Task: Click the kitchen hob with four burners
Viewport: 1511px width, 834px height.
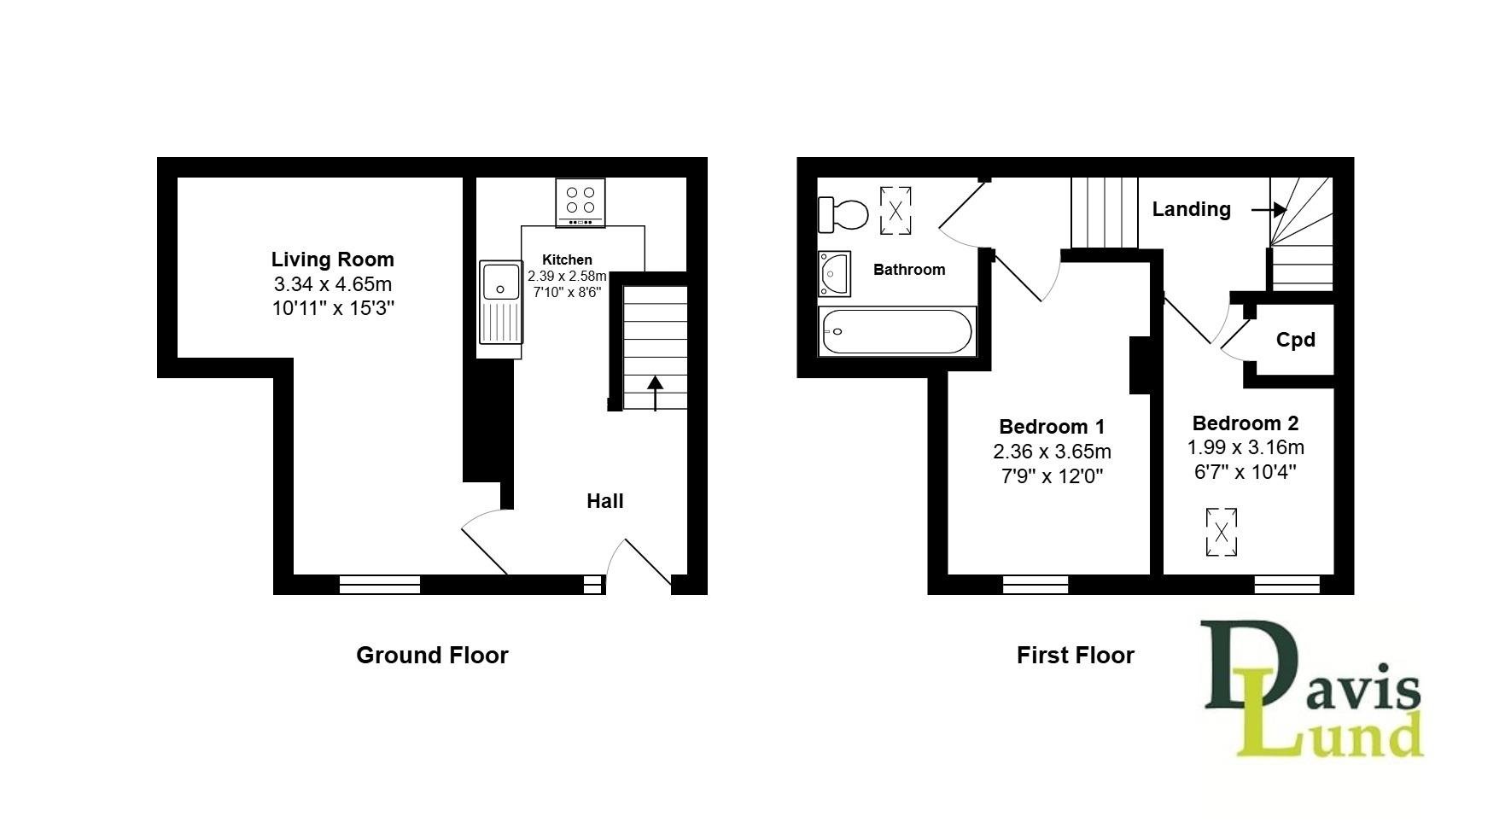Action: coord(580,202)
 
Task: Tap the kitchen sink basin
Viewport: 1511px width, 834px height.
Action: coord(500,282)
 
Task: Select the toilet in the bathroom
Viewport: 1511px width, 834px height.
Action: coord(843,214)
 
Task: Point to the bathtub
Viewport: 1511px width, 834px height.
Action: coord(896,331)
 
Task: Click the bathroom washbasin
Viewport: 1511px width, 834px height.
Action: coord(834,273)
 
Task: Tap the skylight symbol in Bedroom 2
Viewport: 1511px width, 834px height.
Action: coord(1222,532)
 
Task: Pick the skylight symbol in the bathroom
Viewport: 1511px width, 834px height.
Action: coord(896,210)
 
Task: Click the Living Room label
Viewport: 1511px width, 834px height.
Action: coord(333,260)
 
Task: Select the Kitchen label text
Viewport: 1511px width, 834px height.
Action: coord(567,260)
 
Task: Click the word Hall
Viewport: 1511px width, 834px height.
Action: coord(604,501)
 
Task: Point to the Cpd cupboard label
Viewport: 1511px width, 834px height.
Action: coord(1295,340)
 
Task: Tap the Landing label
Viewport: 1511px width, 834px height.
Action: coord(1191,209)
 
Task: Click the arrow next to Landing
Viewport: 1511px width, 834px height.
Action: coord(1269,209)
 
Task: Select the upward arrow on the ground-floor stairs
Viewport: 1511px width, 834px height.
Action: coord(655,394)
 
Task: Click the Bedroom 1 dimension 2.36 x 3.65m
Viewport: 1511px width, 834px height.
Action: coord(1052,452)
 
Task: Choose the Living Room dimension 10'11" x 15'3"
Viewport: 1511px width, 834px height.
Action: coord(333,308)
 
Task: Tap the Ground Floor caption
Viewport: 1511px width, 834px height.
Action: coord(432,655)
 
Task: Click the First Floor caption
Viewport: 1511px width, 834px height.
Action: coord(1075,655)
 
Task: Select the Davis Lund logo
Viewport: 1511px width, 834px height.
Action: coord(1313,690)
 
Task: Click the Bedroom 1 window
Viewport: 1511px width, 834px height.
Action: coord(1035,585)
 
